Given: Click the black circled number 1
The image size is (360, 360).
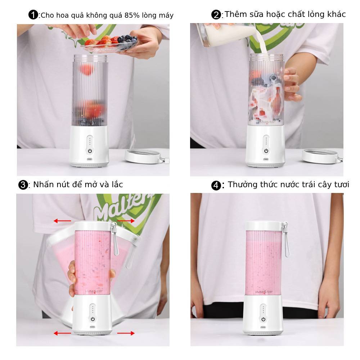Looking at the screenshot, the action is click(33, 15).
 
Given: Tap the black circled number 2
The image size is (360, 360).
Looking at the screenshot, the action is click(216, 15).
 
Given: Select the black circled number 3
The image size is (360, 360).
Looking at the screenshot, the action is click(23, 185).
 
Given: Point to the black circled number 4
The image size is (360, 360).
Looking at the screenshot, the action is click(216, 185).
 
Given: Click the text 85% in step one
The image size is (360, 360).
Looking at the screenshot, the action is click(132, 15).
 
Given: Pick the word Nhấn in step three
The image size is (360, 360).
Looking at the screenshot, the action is click(42, 184).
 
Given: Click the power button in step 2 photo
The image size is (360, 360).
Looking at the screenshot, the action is click(266, 151).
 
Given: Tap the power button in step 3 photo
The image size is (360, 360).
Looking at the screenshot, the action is click(93, 319).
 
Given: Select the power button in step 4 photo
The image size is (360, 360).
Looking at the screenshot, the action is click(264, 319).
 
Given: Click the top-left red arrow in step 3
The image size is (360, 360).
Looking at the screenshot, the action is click(62, 221).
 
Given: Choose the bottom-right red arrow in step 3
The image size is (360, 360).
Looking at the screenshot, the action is click(126, 333).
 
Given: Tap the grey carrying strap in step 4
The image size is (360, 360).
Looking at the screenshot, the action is click(286, 240).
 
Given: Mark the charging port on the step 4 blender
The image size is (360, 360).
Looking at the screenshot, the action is click(263, 327).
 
